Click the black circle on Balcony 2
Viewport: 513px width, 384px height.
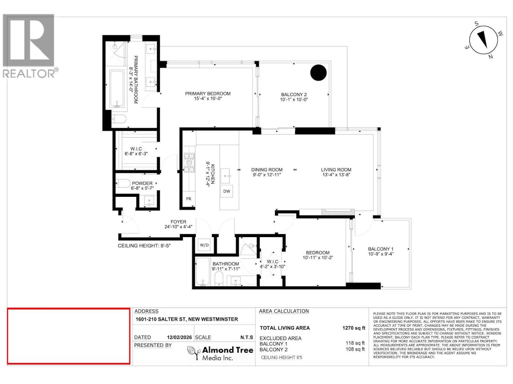pos(318,73)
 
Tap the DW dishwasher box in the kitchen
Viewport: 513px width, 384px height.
pos(227,191)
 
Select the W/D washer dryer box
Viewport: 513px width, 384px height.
pos(204,245)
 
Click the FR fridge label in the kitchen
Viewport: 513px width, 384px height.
pos(189,199)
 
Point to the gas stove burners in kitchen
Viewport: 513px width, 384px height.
pos(189,163)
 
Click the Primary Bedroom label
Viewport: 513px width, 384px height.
pos(208,94)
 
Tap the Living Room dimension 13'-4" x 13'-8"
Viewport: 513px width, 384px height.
pos(336,175)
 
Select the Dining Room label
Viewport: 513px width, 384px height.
pos(267,170)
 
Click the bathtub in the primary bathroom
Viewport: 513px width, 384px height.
pos(117,89)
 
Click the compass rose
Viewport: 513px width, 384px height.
pos(484,40)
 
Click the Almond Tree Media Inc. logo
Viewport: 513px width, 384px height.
pos(220,353)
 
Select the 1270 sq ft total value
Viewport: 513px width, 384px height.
pos(354,328)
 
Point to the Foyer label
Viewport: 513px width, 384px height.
pos(178,222)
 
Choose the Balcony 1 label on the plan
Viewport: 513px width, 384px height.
pos(381,249)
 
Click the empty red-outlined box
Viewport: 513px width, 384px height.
pos(69,336)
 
